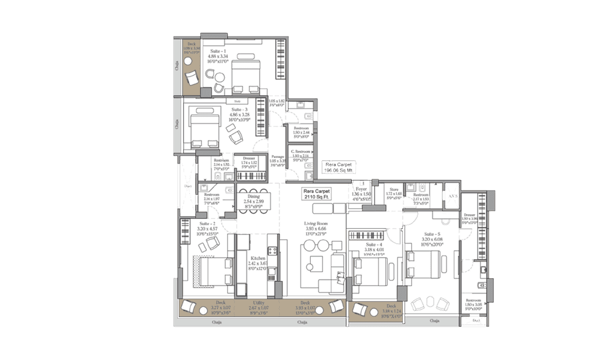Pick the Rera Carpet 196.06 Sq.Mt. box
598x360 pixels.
click(339, 167)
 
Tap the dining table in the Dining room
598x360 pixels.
click(254, 200)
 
